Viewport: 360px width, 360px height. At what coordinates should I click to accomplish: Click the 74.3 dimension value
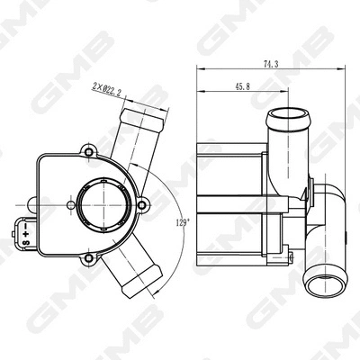(x=268, y=65)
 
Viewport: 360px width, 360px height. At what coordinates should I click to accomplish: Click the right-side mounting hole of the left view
(x=140, y=206)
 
